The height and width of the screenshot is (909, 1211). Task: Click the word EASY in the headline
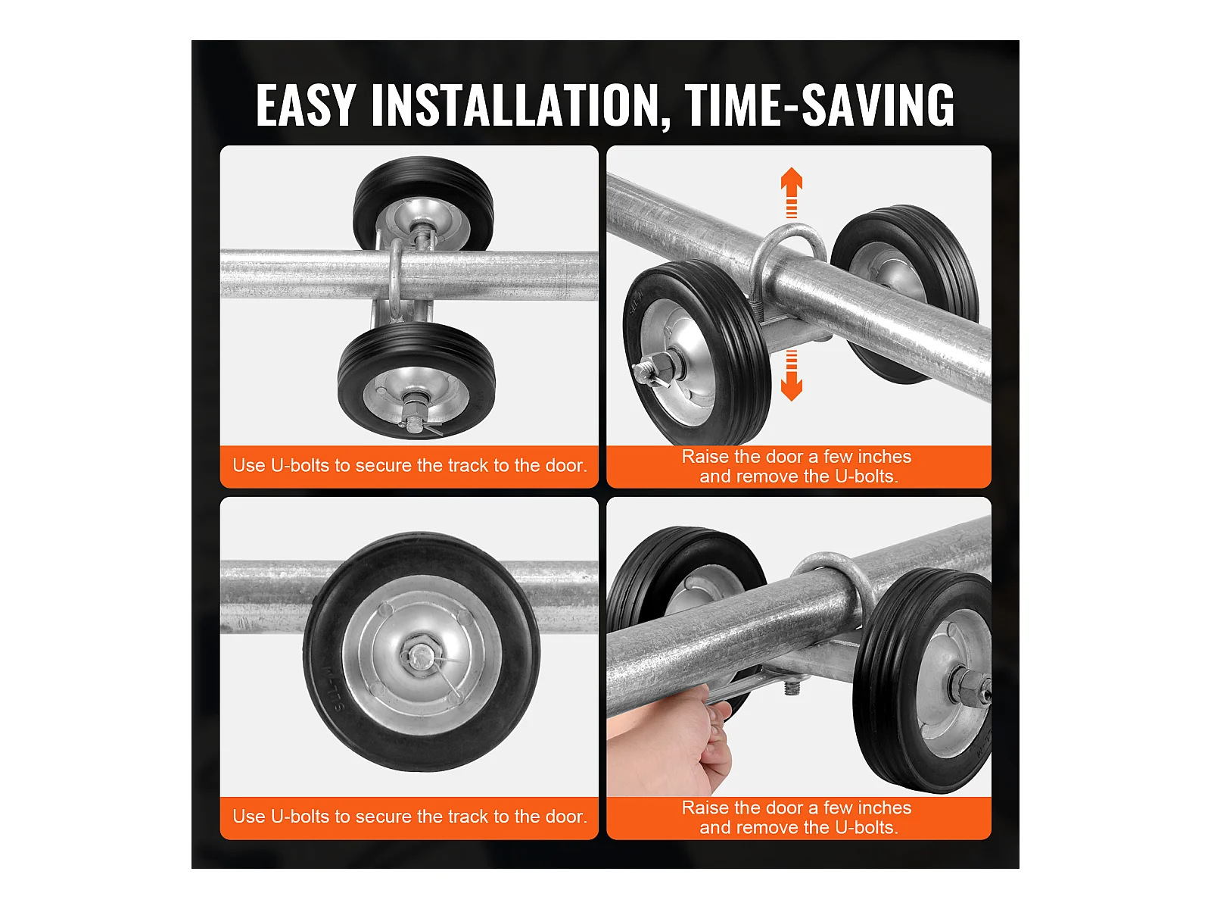point(304,105)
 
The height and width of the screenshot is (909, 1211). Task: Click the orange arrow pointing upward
point(791,192)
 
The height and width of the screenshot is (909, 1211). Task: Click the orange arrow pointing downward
point(791,375)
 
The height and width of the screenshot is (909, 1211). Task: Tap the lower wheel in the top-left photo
point(416,381)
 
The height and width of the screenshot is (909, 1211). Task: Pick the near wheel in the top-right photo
point(696,351)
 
